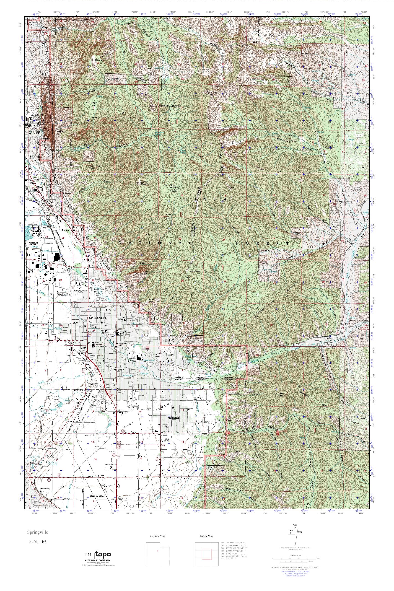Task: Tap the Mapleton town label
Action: point(173,417)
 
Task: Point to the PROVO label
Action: point(61,131)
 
